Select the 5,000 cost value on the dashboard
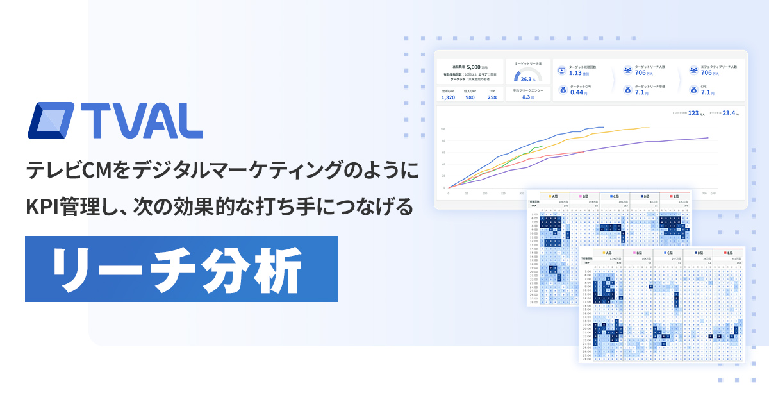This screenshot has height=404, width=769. pyautogui.click(x=474, y=67)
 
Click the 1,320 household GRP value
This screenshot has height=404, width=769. pyautogui.click(x=448, y=97)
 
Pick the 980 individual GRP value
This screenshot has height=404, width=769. pyautogui.click(x=470, y=97)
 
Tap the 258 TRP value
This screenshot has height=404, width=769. pyautogui.click(x=492, y=97)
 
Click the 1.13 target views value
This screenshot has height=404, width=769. pyautogui.click(x=575, y=73)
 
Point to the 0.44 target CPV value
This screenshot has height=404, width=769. pyautogui.click(x=575, y=92)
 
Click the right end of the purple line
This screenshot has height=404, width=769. pyautogui.click(x=708, y=137)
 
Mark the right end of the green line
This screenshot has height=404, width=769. pyautogui.click(x=543, y=146)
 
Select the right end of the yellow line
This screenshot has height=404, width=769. pyautogui.click(x=649, y=128)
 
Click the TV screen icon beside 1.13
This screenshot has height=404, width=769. pyautogui.click(x=561, y=71)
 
